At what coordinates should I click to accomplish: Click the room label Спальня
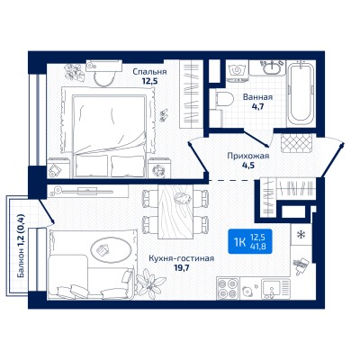149,72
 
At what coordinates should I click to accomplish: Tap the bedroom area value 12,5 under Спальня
149,81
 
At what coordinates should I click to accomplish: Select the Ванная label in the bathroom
257,97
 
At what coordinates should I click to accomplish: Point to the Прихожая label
248,156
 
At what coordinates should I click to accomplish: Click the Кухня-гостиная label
182,258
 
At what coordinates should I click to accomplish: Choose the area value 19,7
182,267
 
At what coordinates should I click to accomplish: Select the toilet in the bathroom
224,99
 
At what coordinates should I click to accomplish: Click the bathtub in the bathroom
301,94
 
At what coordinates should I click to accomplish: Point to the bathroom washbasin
272,67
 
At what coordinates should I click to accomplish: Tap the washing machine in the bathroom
237,71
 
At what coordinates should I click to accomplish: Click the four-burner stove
229,289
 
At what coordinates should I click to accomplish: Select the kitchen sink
275,289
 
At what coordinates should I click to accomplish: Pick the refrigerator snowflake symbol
301,235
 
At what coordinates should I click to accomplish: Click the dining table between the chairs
175,211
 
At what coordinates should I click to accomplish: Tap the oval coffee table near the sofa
112,249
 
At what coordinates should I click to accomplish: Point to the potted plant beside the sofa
150,283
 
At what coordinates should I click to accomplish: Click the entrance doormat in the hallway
297,144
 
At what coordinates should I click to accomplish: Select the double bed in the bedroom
109,132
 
